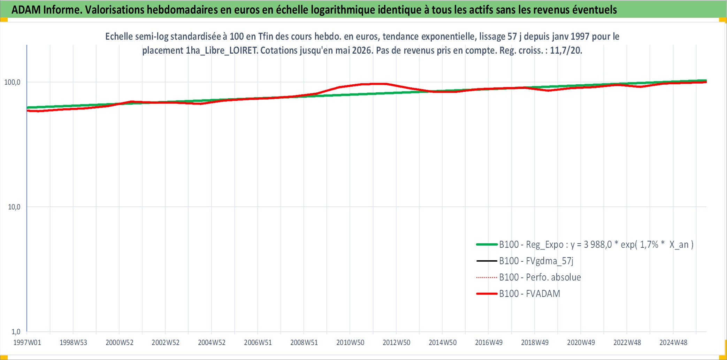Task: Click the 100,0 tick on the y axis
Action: point(12,82)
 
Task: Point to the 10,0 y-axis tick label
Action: point(14,207)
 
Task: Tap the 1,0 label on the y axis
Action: point(16,331)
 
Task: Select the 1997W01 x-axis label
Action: point(27,343)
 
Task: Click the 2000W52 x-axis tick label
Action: point(120,343)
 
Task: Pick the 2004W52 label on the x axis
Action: point(212,343)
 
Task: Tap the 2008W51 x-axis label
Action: point(304,343)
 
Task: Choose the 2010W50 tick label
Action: point(350,343)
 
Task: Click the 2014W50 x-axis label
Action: point(443,343)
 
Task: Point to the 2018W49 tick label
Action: point(535,343)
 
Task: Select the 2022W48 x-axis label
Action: point(627,343)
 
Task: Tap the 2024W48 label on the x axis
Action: point(673,343)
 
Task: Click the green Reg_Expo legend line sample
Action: point(487,245)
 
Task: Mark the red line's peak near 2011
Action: point(378,84)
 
